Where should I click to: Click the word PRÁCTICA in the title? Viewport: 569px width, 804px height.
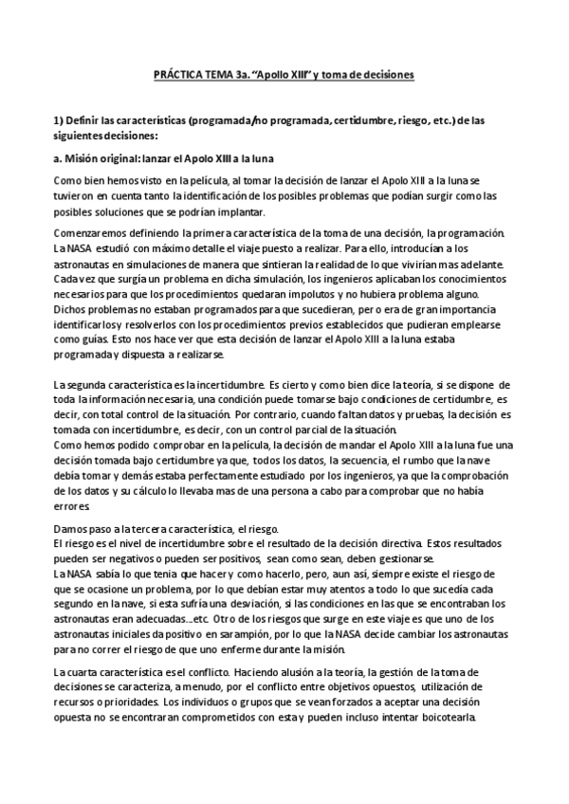pyautogui.click(x=178, y=74)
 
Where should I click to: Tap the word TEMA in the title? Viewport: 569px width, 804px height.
pyautogui.click(x=222, y=74)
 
